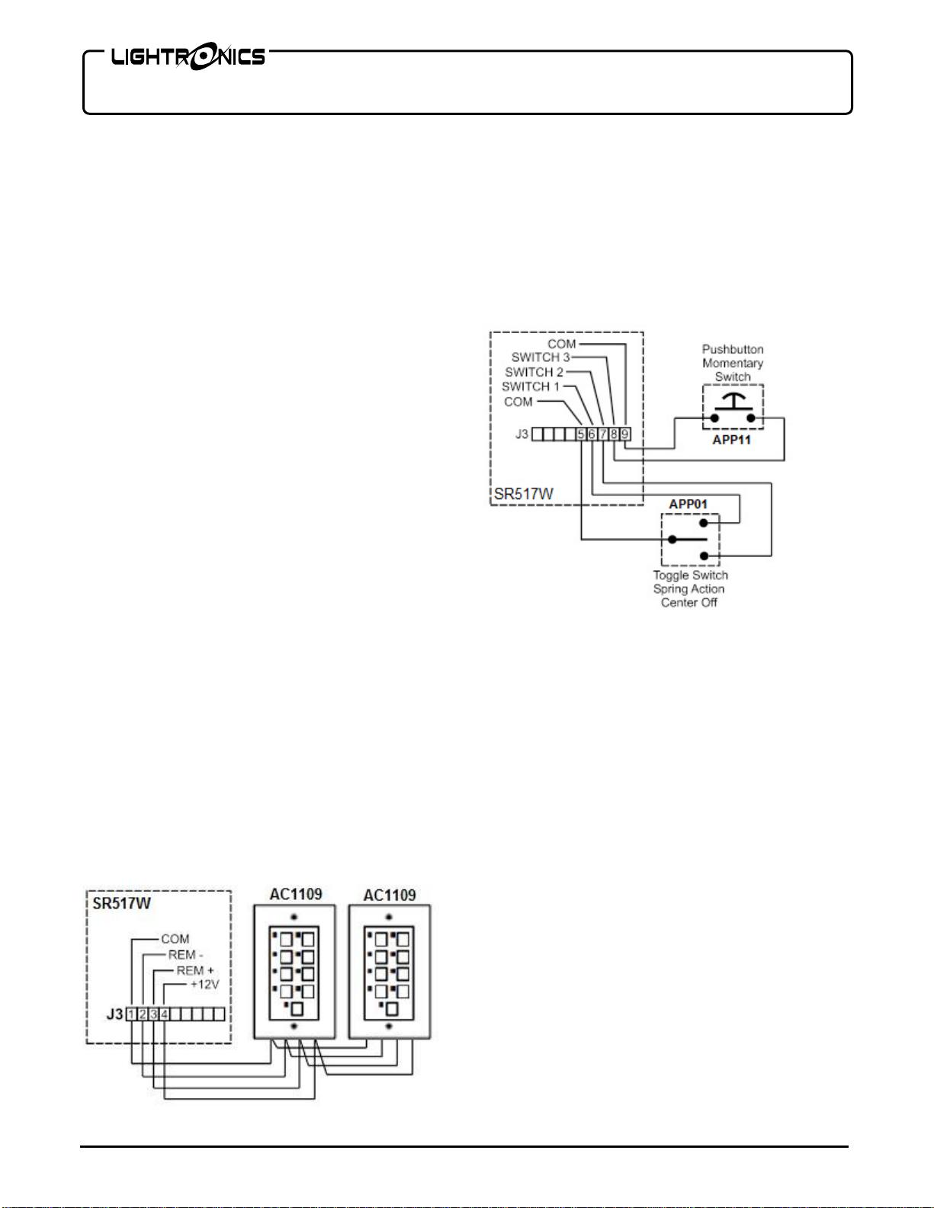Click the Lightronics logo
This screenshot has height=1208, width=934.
188,57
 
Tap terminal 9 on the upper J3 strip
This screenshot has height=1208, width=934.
624,434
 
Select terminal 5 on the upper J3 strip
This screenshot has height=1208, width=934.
581,434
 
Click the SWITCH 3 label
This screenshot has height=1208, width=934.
540,357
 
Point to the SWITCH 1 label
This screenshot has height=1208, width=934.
530,386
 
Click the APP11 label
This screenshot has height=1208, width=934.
731,440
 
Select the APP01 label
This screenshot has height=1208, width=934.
688,504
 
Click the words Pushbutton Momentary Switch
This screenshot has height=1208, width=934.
733,363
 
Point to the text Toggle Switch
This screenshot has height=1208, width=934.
690,575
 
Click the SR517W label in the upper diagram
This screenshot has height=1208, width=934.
524,494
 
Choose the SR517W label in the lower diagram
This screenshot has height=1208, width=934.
122,903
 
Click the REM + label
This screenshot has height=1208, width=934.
195,970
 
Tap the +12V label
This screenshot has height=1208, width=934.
204,985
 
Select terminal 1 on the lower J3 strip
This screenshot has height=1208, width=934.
131,1014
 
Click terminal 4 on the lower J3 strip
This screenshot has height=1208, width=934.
164,1014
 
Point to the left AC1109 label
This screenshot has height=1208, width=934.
296,894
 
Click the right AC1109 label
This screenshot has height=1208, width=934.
390,895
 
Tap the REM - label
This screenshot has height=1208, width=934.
185,955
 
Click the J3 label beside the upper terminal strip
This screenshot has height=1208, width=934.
522,434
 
